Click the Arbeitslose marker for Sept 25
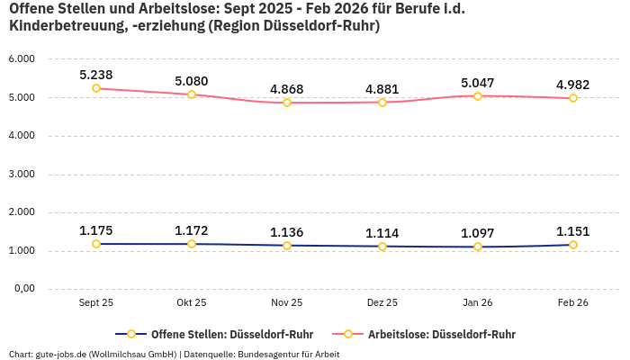[96, 88]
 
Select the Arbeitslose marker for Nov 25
[287, 103]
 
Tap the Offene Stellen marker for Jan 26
[478, 247]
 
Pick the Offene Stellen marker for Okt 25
[192, 244]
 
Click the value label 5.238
[96, 75]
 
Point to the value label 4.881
[382, 89]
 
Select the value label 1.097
[478, 233]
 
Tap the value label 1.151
[573, 231]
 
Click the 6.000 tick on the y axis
[22, 58]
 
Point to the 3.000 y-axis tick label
[22, 174]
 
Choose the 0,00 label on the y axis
[23, 289]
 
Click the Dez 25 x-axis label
[382, 303]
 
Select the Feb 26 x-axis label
[573, 303]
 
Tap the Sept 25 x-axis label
[96, 303]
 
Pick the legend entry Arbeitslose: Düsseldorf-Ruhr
[441, 334]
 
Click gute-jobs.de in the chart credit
[61, 354]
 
